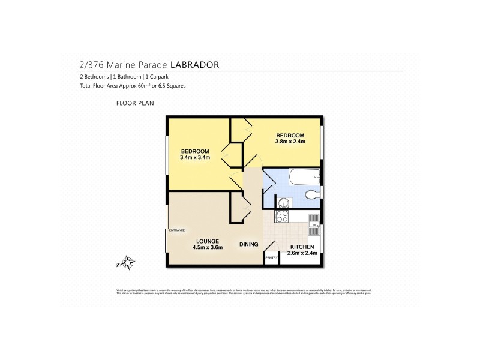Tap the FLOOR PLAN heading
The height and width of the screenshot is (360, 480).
pyautogui.click(x=135, y=104)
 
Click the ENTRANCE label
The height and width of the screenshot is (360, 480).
pyautogui.click(x=176, y=230)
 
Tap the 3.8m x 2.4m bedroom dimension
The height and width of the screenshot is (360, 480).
pyautogui.click(x=290, y=142)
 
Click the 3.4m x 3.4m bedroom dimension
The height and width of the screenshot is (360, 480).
pyautogui.click(x=194, y=157)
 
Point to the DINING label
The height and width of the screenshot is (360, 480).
pyautogui.click(x=248, y=244)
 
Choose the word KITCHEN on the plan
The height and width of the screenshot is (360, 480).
pyautogui.click(x=302, y=247)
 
